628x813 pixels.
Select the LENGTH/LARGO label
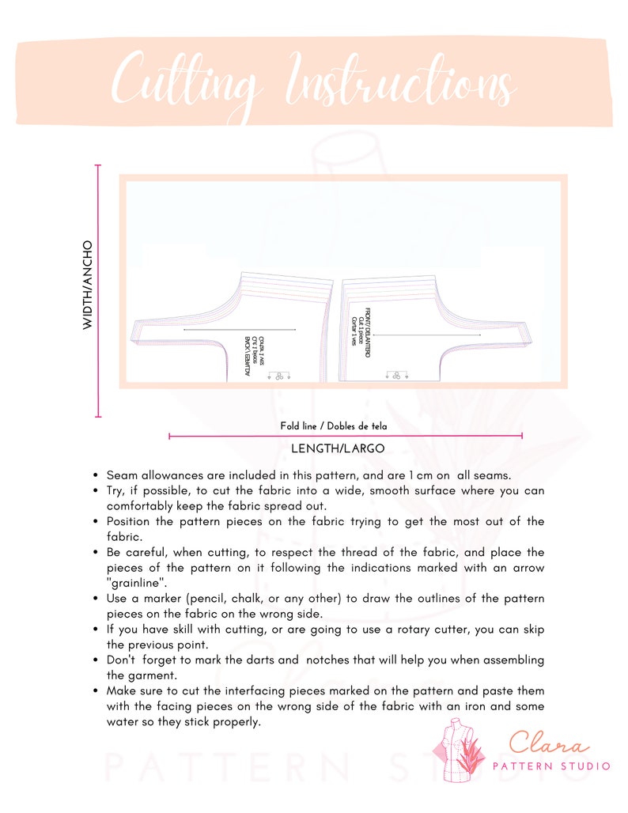338,448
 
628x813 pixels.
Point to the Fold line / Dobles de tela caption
334,426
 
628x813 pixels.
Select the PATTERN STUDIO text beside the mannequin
551,766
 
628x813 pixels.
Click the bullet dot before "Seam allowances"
95,476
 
